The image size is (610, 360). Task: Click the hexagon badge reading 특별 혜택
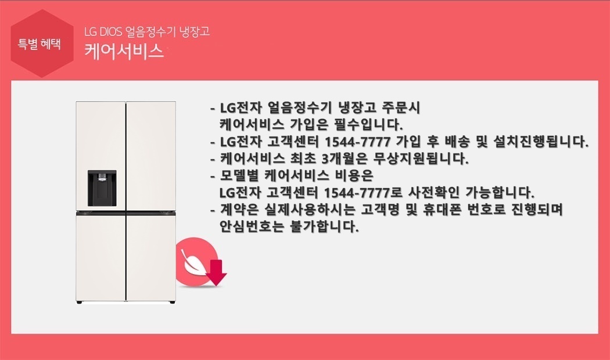click(42, 44)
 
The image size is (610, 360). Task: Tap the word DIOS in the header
click(110, 31)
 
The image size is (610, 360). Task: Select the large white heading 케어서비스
click(124, 51)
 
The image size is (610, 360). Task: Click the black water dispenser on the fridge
click(102, 188)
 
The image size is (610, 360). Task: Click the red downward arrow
click(216, 273)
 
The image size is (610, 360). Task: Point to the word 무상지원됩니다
click(421, 159)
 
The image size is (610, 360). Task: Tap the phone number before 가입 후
click(357, 142)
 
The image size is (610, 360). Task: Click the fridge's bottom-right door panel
click(151, 257)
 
